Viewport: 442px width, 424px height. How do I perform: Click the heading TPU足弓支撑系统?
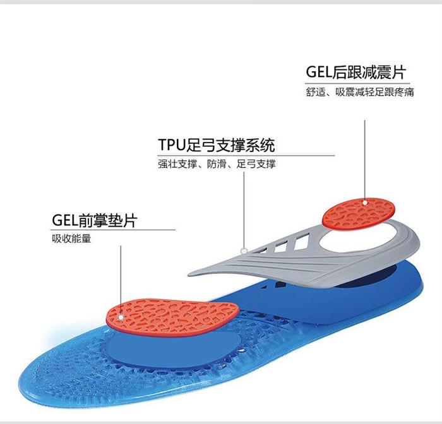(x=217, y=144)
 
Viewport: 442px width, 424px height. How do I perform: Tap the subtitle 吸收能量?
(x=71, y=239)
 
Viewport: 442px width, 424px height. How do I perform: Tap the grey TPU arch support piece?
(x=265, y=259)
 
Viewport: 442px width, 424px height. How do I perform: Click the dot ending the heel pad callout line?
(x=364, y=201)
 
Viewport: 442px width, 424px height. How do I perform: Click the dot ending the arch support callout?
(x=242, y=250)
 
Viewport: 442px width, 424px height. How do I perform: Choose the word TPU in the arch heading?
(x=171, y=144)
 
